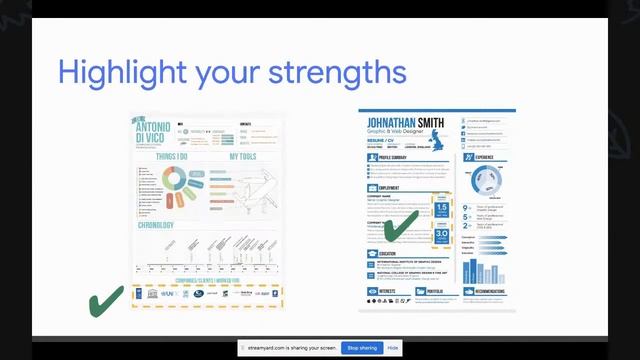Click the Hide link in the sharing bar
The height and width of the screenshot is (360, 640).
[x=393, y=347]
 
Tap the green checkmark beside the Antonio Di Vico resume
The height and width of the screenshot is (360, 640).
[x=106, y=300]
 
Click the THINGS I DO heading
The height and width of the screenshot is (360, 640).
[x=171, y=157]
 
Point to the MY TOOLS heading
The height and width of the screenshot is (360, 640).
[x=243, y=157]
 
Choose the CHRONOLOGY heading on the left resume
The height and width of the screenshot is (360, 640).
[x=156, y=225]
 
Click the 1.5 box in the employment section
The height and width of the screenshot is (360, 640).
[x=442, y=209]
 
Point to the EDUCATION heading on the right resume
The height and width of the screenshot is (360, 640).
[x=389, y=254]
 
